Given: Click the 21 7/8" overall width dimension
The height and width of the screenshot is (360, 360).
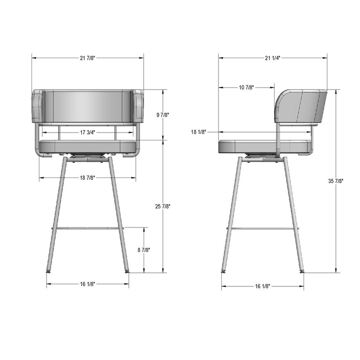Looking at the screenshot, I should (x=87, y=58).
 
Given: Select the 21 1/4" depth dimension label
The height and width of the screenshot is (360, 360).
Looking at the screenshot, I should (x=272, y=58).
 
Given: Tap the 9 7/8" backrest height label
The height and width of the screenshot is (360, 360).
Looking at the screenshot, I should (x=162, y=115).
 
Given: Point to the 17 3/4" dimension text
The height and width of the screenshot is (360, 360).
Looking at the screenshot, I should (x=88, y=132).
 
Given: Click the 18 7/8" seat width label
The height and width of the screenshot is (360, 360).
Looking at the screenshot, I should (x=88, y=178).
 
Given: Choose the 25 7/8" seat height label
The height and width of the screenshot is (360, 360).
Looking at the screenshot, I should (x=162, y=207).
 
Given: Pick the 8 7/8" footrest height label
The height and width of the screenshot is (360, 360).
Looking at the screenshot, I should (x=144, y=250).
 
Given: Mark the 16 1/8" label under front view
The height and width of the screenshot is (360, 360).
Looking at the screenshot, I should (x=88, y=284).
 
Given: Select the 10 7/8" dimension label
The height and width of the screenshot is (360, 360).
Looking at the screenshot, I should (x=246, y=87).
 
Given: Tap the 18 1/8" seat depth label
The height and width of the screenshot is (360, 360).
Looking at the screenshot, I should (x=199, y=132).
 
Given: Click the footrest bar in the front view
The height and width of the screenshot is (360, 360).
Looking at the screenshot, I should (x=88, y=228).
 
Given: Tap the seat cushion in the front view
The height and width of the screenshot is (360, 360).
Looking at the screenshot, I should (x=88, y=146).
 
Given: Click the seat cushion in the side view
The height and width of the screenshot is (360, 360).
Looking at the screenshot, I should (x=264, y=146).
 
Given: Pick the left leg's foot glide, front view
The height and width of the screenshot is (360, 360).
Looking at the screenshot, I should (x=49, y=271).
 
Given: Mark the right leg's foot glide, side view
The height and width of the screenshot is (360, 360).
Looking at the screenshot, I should (x=302, y=271).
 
